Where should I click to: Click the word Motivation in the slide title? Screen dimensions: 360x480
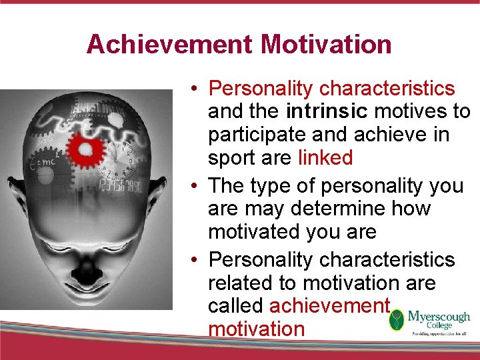(326, 45)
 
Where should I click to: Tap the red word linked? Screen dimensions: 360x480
(325, 158)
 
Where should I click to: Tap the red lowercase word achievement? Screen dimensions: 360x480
(329, 306)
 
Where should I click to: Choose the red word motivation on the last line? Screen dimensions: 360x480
(256, 329)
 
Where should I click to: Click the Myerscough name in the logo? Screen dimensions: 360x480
(439, 317)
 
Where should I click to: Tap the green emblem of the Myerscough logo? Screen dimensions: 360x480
(397, 320)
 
